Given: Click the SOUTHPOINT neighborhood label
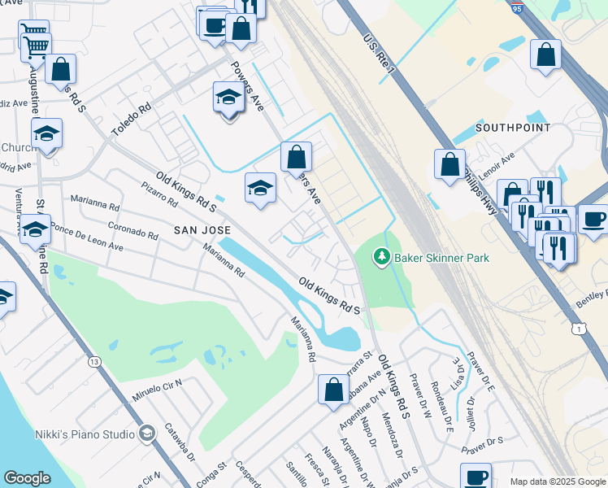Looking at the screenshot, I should click(513, 128).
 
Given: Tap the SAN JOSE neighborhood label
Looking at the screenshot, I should click(203, 231).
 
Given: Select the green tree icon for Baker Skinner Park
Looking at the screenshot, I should click(381, 258).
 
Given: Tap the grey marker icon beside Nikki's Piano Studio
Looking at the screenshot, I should click(146, 434).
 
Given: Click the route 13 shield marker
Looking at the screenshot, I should click(95, 361).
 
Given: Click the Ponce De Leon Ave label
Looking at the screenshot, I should click(86, 235).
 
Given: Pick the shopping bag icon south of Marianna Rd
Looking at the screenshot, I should click(333, 390).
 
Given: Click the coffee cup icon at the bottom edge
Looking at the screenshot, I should click(476, 477).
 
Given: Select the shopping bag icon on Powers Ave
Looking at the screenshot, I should click(297, 156).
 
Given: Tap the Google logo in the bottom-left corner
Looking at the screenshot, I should click(27, 478).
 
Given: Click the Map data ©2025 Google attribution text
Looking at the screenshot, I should click(557, 481).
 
